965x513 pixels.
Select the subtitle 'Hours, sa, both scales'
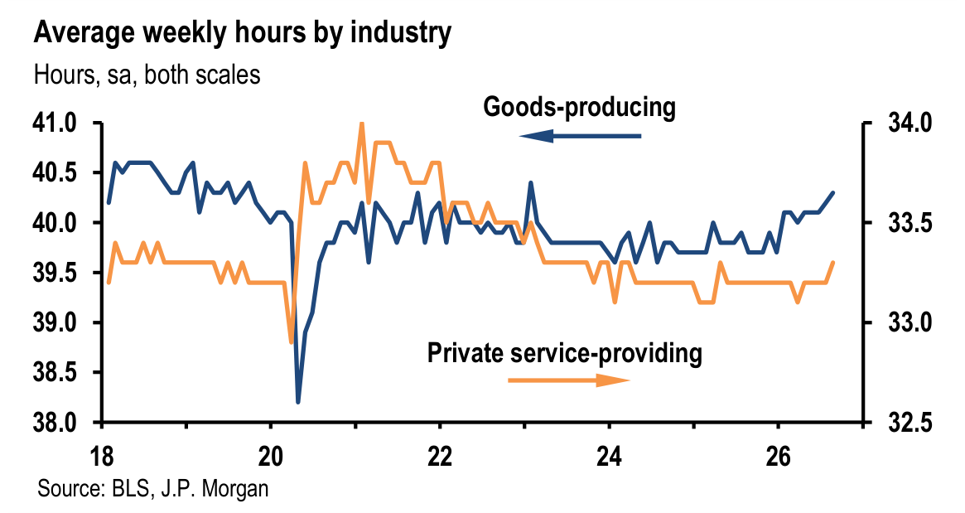click(x=147, y=75)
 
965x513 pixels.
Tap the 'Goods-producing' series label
click(x=579, y=107)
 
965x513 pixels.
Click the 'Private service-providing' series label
click(x=564, y=354)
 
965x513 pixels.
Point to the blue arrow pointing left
click(x=580, y=135)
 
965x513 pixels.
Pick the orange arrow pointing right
click(x=569, y=380)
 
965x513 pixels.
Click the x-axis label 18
click(x=102, y=457)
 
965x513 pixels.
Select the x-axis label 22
click(x=439, y=457)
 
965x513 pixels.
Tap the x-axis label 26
click(x=778, y=457)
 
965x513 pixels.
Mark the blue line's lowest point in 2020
click(x=298, y=402)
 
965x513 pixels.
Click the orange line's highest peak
click(x=362, y=123)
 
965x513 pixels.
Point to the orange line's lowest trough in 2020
click(x=291, y=341)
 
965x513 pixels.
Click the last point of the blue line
click(x=833, y=193)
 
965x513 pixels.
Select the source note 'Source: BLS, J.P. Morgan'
click(x=153, y=488)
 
